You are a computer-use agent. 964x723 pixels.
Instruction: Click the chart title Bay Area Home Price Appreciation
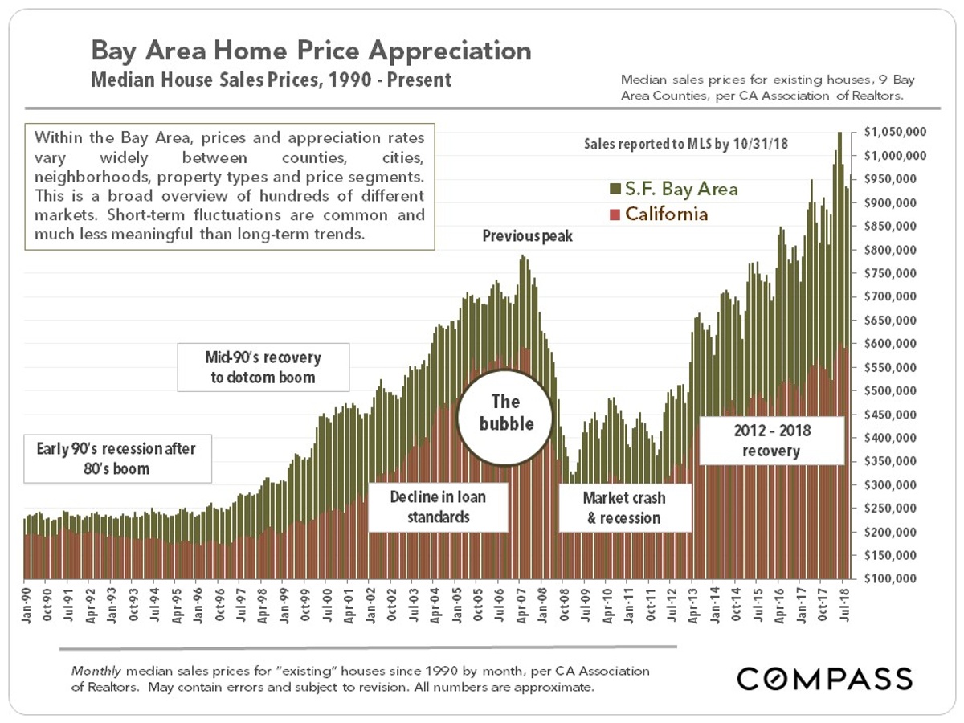(x=311, y=51)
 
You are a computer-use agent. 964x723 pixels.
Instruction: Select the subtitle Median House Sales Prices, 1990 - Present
(x=272, y=80)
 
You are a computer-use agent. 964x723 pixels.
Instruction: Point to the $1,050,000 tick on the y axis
(x=895, y=132)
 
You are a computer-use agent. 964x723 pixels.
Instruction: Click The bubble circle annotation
(x=506, y=412)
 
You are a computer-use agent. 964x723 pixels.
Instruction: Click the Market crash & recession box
(x=624, y=508)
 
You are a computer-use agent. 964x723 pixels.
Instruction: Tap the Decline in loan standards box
(x=438, y=507)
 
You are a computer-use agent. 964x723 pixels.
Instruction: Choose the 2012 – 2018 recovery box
(x=772, y=440)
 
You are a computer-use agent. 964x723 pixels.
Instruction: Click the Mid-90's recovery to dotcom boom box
(x=264, y=367)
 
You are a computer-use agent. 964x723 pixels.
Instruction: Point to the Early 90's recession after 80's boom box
(x=116, y=459)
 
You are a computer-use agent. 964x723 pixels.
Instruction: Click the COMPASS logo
(x=824, y=678)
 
